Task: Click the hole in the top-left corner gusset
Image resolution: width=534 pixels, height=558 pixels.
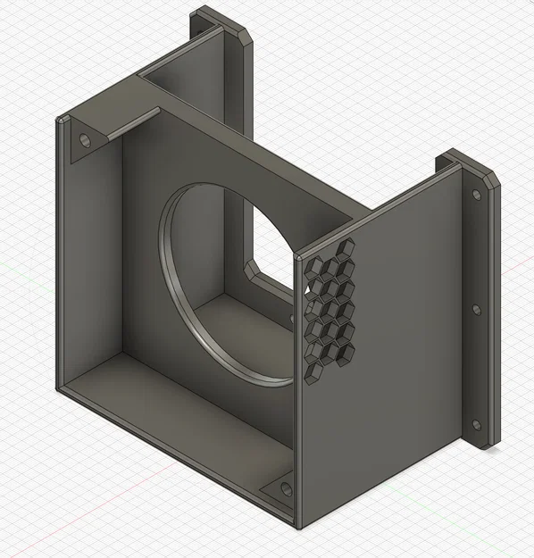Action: tap(85, 141)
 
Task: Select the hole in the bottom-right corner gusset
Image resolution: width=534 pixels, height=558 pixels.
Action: tap(286, 488)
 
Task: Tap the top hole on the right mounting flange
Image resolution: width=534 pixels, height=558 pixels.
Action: tap(476, 194)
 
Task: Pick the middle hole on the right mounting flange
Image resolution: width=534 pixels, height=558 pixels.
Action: tap(476, 310)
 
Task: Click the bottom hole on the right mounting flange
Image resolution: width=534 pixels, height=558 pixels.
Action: tap(476, 425)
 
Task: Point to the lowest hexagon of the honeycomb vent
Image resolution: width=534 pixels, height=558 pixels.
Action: tap(313, 371)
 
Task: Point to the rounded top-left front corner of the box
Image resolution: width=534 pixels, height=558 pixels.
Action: tap(61, 120)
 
